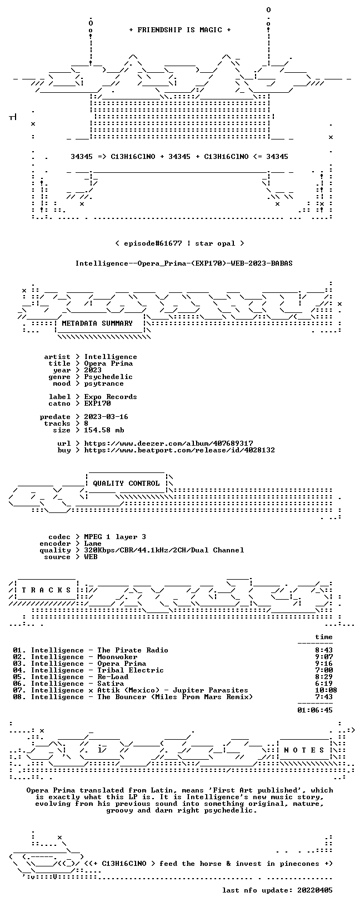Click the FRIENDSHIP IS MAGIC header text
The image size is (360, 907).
(180, 30)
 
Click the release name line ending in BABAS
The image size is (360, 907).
(184, 263)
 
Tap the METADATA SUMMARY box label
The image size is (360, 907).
(97, 323)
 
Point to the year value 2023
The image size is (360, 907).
(93, 370)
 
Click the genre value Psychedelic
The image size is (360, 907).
(108, 377)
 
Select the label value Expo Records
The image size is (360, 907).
(111, 397)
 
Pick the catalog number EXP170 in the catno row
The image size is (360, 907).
(97, 403)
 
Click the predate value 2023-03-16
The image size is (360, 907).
(106, 417)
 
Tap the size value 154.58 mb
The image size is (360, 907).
(104, 430)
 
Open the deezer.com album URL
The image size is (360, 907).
(168, 443)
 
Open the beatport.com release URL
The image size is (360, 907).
(179, 450)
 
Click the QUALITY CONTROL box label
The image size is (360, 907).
(126, 484)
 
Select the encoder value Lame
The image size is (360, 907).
(93, 544)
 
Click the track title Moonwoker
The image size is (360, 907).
(117, 657)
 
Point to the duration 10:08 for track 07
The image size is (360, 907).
(326, 690)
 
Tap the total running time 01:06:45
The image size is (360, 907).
(315, 710)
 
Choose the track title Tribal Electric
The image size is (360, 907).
(131, 670)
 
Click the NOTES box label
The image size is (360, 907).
(304, 750)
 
